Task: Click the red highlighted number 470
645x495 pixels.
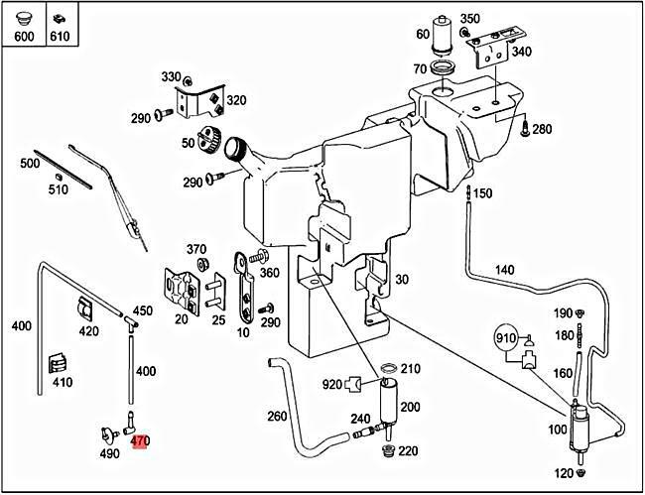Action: click(x=140, y=441)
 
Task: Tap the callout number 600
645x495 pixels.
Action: click(x=24, y=37)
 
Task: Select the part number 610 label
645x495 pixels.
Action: click(x=59, y=37)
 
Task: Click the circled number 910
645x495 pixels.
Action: click(x=506, y=338)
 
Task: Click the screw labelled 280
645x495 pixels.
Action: click(x=525, y=127)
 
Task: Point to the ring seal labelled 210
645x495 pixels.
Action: click(x=389, y=371)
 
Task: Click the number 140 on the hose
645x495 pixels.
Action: click(x=504, y=269)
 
